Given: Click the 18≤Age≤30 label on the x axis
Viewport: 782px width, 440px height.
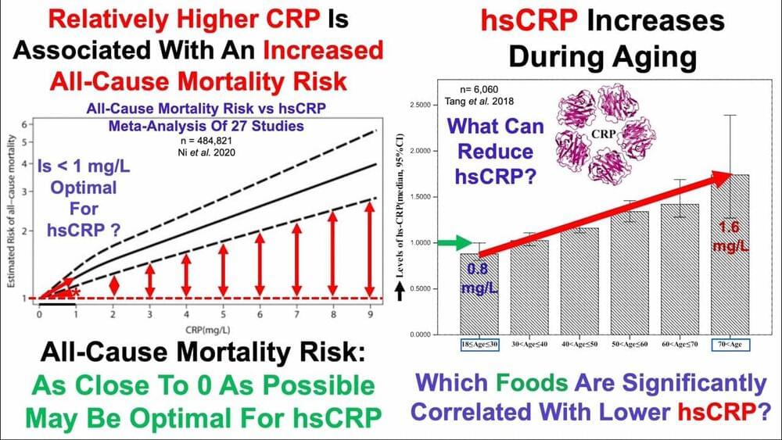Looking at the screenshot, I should click(x=479, y=344).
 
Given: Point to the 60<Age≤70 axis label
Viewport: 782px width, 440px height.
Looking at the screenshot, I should click(x=680, y=344).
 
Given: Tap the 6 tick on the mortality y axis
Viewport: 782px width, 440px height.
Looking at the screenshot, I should click(x=24, y=125).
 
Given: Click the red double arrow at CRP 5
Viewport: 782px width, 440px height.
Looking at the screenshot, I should click(x=224, y=270).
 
